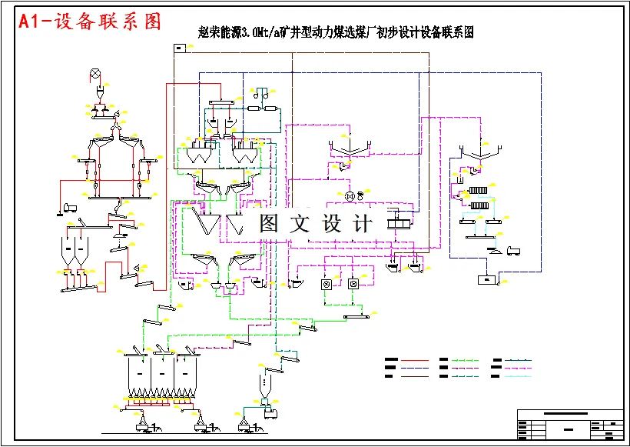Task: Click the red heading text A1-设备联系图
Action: [90, 22]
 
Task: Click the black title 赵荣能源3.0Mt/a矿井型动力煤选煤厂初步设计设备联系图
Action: [335, 32]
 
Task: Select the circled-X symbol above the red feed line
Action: [96, 74]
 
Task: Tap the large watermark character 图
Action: [269, 223]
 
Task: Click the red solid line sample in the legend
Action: [415, 359]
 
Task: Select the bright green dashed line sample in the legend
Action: [466, 359]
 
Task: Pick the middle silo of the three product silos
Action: [162, 373]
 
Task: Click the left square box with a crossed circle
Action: [326, 284]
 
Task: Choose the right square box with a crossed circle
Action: [353, 284]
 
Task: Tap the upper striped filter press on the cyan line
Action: [478, 191]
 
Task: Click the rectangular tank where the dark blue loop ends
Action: [486, 280]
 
